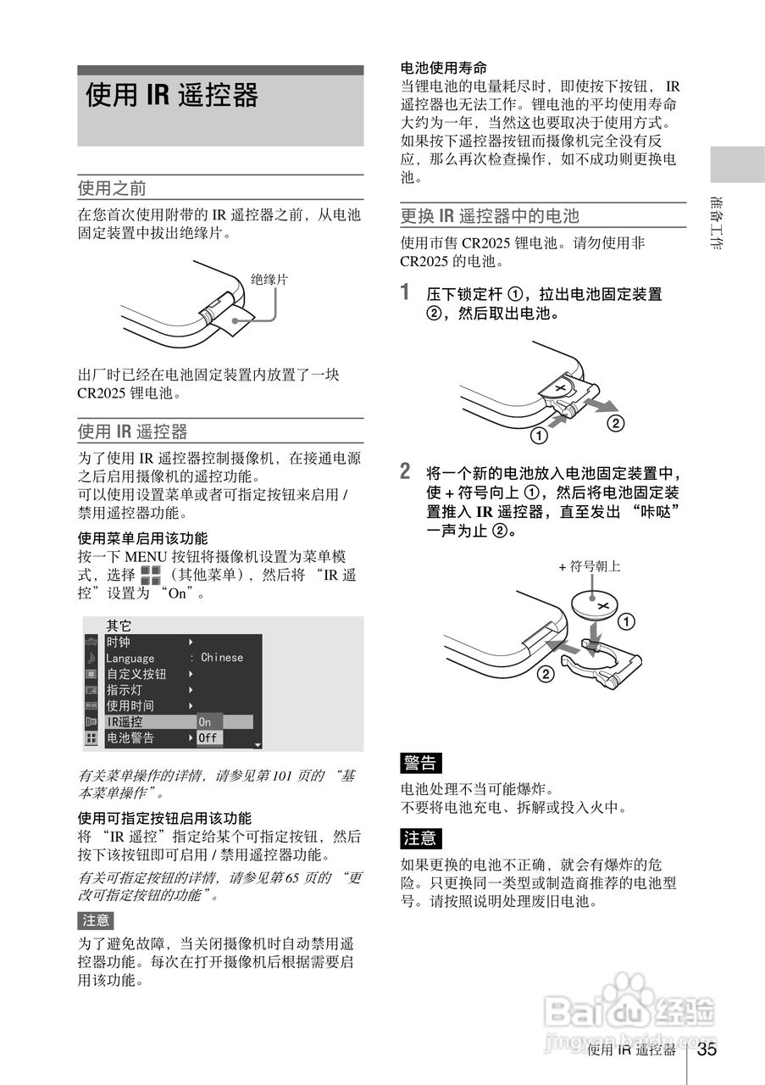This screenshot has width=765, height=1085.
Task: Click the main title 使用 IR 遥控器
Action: click(172, 96)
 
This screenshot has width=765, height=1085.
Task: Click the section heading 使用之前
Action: click(112, 188)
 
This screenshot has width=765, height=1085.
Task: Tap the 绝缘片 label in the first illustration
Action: click(269, 281)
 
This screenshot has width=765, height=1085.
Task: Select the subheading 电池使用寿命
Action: click(443, 68)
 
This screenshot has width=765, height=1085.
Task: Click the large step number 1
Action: click(407, 292)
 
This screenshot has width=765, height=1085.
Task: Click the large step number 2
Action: click(406, 470)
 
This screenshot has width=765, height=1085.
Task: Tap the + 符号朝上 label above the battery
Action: click(590, 566)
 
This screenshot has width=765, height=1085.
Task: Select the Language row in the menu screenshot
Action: click(130, 659)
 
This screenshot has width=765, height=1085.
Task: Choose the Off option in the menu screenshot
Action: click(208, 738)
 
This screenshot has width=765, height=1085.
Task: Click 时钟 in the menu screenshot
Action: click(119, 643)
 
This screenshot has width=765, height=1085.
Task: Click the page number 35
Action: click(707, 1050)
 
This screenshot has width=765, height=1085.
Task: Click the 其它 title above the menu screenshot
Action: click(119, 626)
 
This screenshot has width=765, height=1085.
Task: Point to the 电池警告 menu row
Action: click(130, 738)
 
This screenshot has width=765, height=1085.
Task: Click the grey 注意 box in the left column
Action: click(96, 921)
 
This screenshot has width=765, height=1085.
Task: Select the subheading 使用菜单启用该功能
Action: click(142, 538)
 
